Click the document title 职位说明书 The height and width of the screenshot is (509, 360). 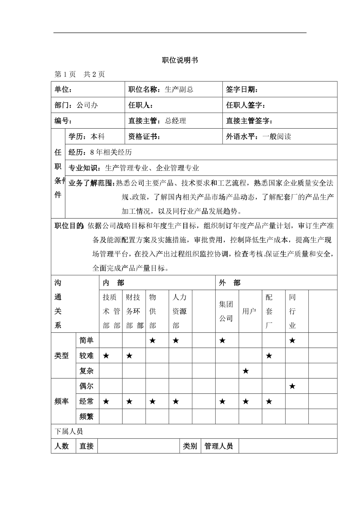[180, 60]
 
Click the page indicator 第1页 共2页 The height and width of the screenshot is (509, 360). [79, 75]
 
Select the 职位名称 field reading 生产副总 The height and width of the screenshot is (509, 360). [161, 90]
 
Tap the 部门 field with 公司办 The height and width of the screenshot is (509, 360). [76, 105]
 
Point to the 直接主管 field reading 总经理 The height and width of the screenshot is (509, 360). [157, 121]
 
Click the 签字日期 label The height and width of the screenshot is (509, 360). [242, 90]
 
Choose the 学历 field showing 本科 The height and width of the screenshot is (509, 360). [86, 136]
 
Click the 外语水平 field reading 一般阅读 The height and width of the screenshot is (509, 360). [259, 136]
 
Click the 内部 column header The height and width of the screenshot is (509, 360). [113, 283]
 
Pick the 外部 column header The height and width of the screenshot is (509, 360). [230, 283]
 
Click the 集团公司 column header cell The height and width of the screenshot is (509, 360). [226, 311]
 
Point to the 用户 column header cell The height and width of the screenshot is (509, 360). [249, 311]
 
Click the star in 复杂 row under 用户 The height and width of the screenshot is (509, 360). [246, 371]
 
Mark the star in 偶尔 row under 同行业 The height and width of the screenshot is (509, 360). [292, 386]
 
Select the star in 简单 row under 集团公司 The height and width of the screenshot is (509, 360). [222, 341]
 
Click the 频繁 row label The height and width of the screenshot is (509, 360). [86, 417]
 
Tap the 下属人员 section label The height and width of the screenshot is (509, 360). [68, 432]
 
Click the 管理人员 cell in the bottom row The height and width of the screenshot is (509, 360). [218, 446]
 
